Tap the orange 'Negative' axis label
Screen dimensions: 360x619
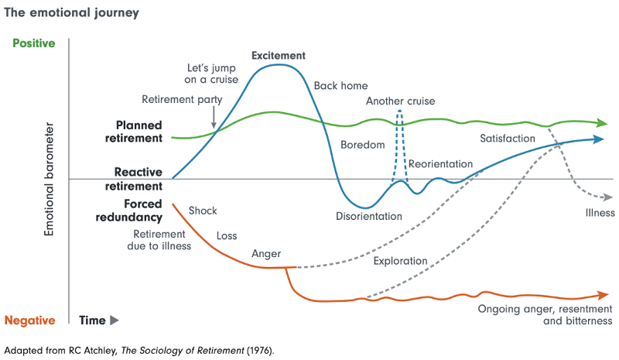click(30, 320)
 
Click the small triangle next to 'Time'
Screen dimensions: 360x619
click(115, 320)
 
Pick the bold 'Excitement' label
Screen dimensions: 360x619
click(279, 56)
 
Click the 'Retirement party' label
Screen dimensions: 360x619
click(182, 99)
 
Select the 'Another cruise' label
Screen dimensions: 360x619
click(400, 101)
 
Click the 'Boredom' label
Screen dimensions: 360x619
click(362, 146)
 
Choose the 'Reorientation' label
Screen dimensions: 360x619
click(440, 164)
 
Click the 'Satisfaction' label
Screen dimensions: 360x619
click(508, 139)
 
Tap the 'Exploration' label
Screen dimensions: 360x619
click(400, 261)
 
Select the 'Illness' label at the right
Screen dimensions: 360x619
click(600, 213)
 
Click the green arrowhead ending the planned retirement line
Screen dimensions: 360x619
click(602, 123)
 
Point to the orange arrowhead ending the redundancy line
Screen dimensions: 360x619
click(602, 295)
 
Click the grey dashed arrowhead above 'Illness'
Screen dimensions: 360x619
click(600, 197)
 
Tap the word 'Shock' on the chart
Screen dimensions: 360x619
click(203, 211)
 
